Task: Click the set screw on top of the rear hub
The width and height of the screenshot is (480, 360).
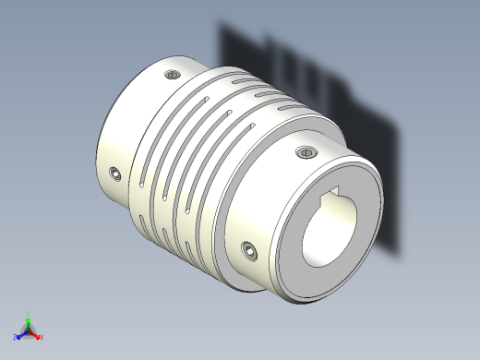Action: pos(171,75)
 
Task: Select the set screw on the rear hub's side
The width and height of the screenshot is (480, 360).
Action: pos(114,173)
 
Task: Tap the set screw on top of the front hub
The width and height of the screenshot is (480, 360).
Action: pos(305,151)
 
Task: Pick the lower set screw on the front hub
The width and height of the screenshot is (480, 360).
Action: pos(250,249)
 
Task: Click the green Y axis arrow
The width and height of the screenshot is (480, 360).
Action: pos(28,321)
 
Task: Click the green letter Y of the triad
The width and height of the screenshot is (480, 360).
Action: pos(29,314)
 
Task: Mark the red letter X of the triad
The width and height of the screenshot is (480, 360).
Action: pos(42,338)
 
